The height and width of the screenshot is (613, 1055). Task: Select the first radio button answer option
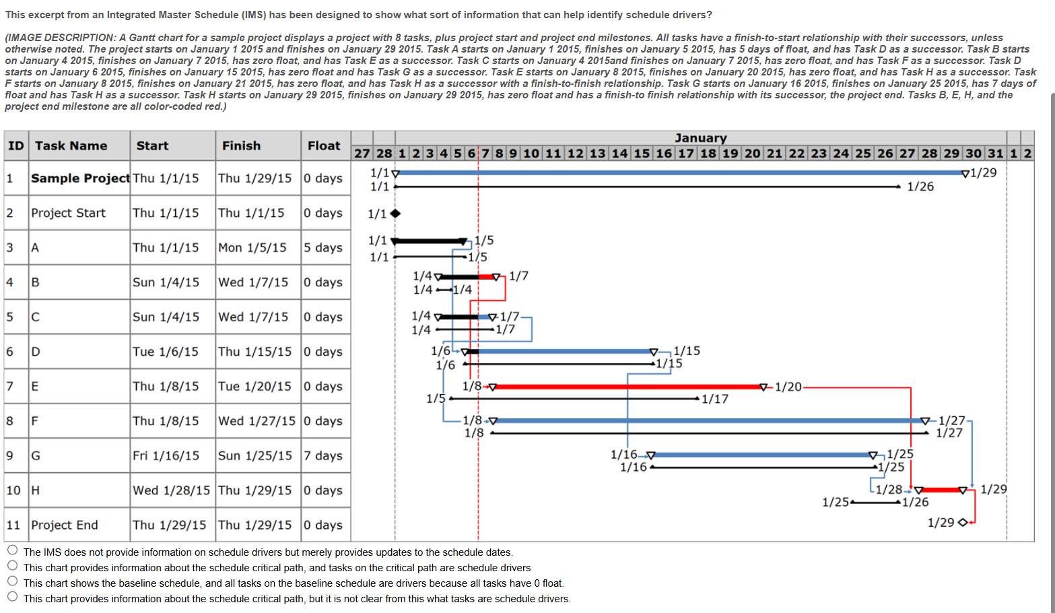click(12, 550)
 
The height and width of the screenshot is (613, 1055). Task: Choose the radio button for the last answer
click(12, 596)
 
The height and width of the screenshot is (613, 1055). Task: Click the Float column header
click(324, 146)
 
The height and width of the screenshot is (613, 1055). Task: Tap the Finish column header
click(241, 146)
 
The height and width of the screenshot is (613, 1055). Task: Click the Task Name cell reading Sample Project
click(79, 178)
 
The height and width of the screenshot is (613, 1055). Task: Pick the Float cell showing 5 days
click(322, 247)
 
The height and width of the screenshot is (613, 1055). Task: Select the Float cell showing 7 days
click(322, 455)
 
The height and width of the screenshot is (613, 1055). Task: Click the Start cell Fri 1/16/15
click(166, 455)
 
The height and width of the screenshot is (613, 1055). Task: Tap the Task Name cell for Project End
click(65, 525)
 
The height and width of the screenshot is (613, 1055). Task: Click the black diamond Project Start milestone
click(395, 214)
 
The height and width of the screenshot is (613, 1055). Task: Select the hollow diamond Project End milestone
click(962, 523)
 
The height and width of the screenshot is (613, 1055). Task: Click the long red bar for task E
click(626, 387)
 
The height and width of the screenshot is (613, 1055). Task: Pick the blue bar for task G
click(761, 455)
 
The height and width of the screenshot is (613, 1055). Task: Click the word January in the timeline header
click(700, 137)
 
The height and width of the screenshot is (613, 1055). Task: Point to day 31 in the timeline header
click(995, 153)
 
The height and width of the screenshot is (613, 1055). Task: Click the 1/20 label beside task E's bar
click(788, 387)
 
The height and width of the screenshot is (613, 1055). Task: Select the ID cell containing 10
click(13, 490)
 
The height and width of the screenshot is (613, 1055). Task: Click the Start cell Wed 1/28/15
click(171, 490)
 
